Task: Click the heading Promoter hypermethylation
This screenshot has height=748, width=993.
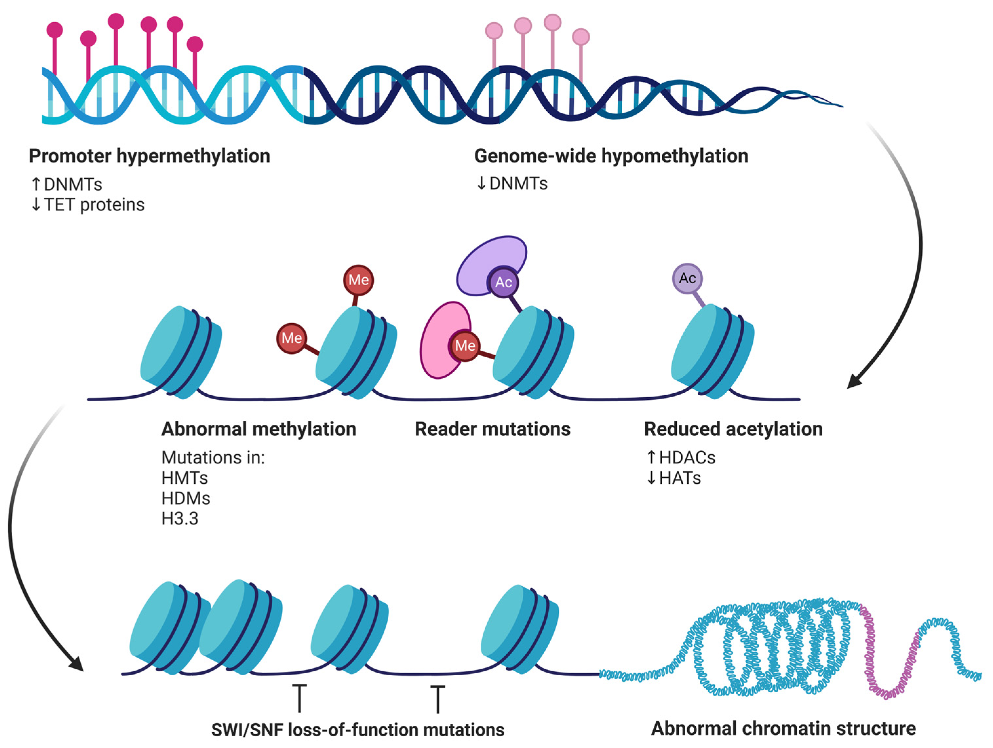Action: [x=149, y=156]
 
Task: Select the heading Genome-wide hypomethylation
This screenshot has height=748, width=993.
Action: [x=611, y=156]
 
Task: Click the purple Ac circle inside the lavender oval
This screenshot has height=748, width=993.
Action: [x=503, y=282]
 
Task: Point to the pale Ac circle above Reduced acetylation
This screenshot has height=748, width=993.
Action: [x=687, y=278]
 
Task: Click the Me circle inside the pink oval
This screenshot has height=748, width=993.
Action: [x=465, y=346]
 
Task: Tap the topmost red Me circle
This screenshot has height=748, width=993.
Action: [x=358, y=280]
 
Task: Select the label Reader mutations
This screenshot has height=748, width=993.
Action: [x=493, y=429]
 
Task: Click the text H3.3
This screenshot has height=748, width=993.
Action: [x=180, y=519]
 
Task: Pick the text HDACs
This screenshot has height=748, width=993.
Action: [x=687, y=458]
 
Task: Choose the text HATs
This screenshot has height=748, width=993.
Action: [x=680, y=478]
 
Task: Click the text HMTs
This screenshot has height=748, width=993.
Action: [x=185, y=478]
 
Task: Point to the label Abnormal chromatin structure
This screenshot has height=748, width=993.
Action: [x=783, y=728]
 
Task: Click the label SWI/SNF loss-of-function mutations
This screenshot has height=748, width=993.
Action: [x=358, y=730]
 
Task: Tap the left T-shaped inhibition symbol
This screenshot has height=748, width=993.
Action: [x=300, y=698]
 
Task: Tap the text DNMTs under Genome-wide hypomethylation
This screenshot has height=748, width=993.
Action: [x=518, y=184]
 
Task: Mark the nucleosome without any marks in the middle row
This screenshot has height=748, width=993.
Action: [x=181, y=352]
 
